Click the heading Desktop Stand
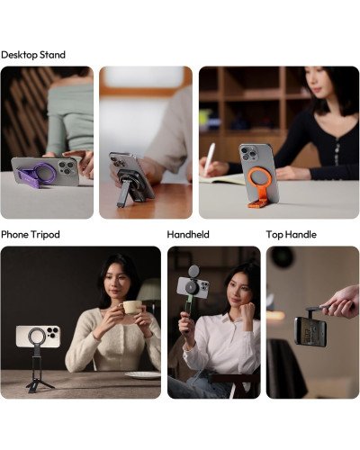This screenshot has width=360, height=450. tap(33, 55)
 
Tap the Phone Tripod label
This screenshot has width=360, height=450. tap(31, 234)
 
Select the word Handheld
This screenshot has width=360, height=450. tap(188, 234)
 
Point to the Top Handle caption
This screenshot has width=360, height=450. tap(291, 234)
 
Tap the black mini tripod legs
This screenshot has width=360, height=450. tap(41, 380)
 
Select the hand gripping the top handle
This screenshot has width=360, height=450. tap(340, 301)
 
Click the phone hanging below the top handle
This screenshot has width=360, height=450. tap(310, 330)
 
